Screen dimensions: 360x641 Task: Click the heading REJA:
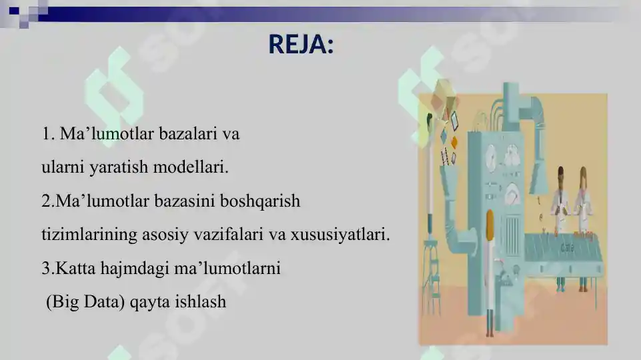[x=301, y=45]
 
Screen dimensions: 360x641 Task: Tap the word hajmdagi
[x=130, y=269]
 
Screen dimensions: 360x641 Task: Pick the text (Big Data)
[x=85, y=302]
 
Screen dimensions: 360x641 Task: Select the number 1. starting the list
[x=48, y=134]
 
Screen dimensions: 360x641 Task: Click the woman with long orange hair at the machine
[x=490, y=267]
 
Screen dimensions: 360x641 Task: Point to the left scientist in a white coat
[x=560, y=200]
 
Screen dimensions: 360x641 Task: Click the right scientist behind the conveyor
[x=584, y=200]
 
